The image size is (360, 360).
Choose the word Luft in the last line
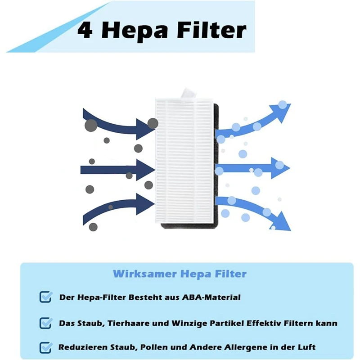tap(306, 347)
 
